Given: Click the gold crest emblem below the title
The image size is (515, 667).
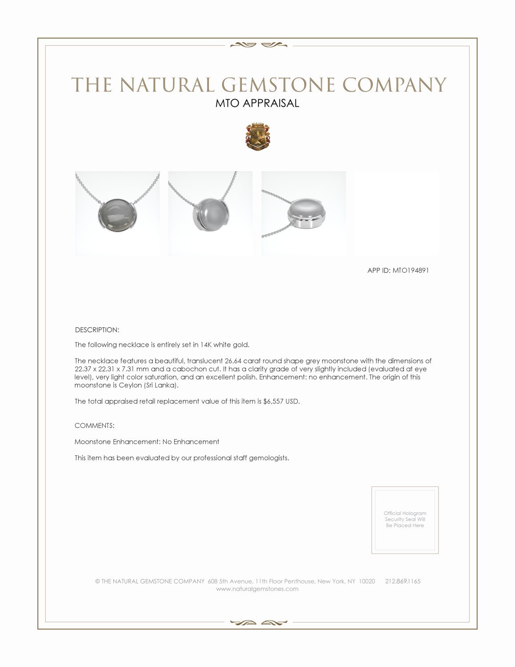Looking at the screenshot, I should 257,136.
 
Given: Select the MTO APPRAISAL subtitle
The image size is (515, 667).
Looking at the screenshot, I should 257,103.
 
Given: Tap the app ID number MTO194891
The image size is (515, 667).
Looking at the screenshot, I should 411,270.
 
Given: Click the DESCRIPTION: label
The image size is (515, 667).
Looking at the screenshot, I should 97,330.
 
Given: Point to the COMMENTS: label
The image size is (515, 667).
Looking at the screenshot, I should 95,426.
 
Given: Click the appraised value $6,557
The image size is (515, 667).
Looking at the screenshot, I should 273,401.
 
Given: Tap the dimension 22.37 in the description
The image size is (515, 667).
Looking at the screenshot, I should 83,369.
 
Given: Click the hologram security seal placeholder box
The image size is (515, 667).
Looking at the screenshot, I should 405,520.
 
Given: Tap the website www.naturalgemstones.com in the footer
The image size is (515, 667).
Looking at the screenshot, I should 257,589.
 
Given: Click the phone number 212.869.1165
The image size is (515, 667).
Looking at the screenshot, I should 403,581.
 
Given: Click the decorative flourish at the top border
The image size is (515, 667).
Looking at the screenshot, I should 258,44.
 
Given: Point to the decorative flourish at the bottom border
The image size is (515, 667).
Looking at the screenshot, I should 258,623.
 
